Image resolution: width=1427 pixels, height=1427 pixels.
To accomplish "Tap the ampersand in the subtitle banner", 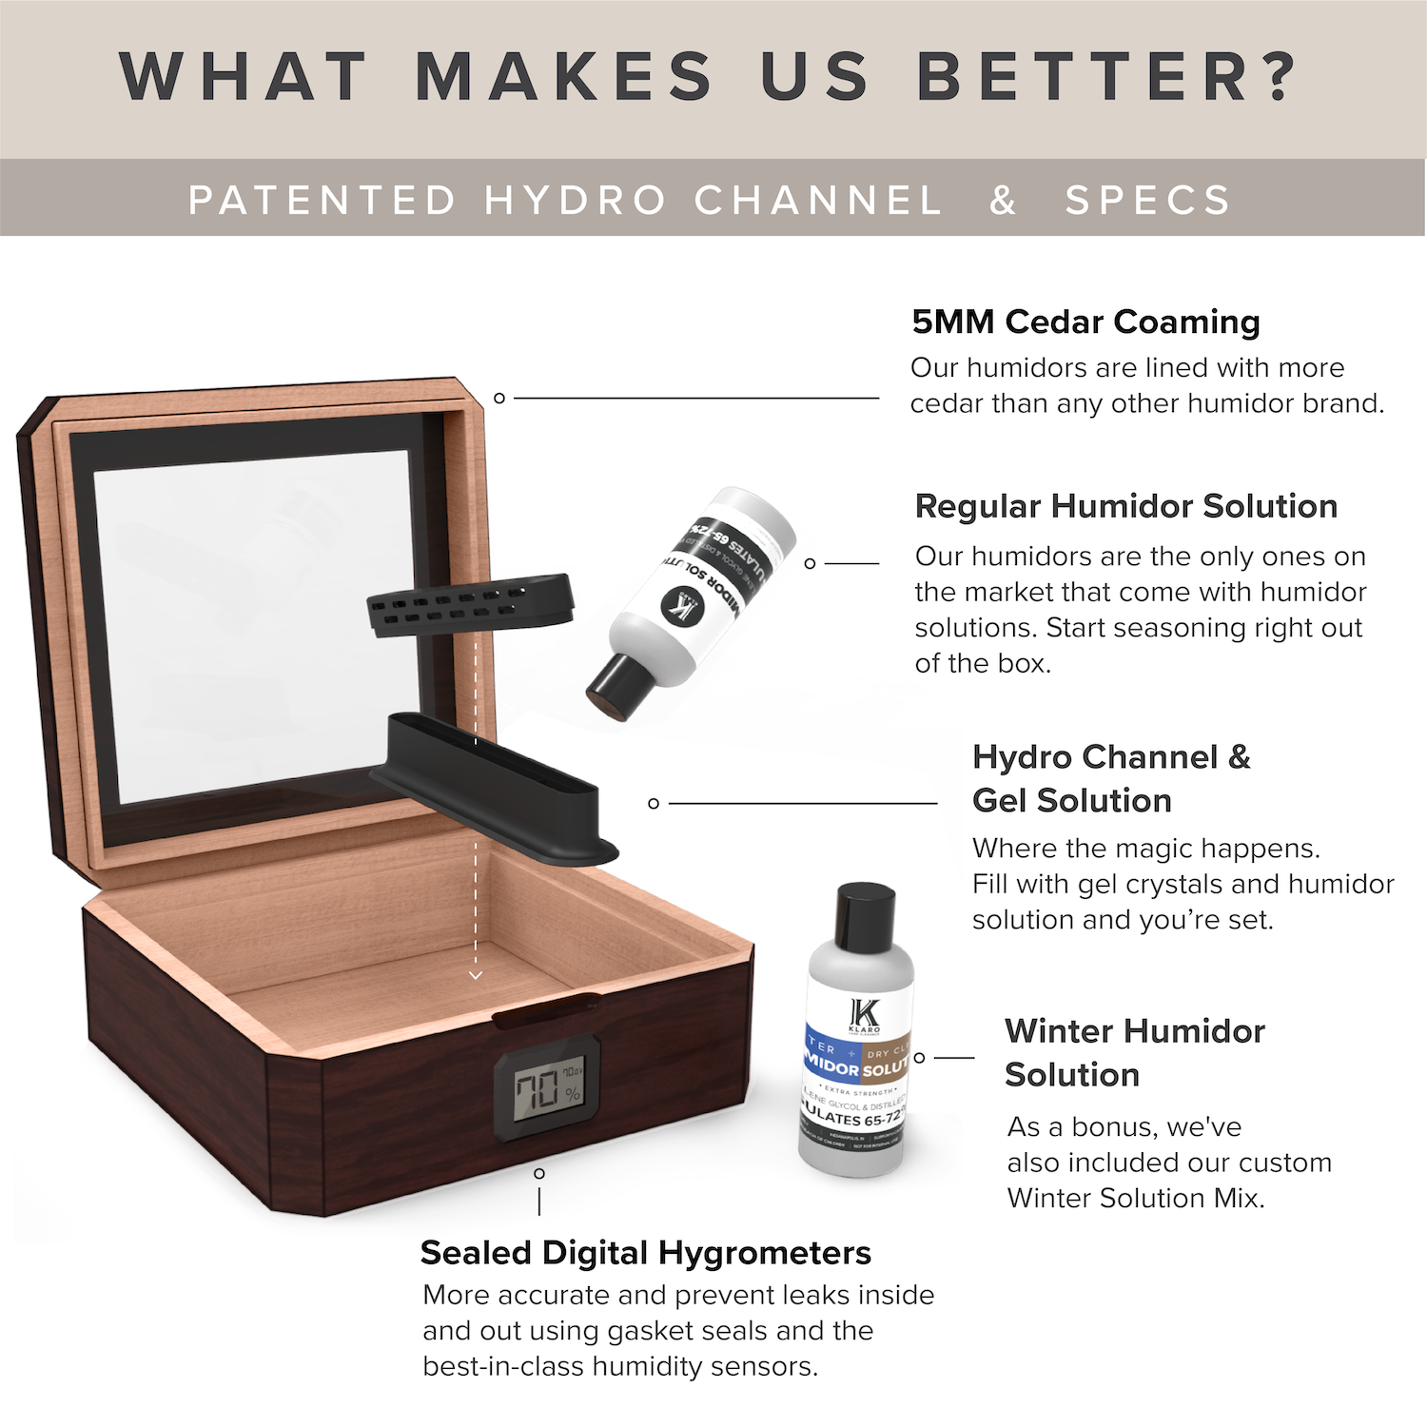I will [x=1003, y=201].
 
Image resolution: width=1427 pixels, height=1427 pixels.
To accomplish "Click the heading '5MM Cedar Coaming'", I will [x=1085, y=322].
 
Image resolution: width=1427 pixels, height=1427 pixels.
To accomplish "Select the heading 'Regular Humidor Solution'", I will [x=1125, y=506].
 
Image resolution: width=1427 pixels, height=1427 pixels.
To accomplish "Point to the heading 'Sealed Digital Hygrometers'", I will [x=645, y=1253].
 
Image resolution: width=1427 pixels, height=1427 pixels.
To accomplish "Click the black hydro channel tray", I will [x=495, y=790].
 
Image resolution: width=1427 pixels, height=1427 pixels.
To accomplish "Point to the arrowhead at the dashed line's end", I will [x=476, y=975].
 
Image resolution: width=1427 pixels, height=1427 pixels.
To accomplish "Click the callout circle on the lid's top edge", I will [x=498, y=398].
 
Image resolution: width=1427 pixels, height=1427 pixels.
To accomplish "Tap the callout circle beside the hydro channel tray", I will [x=654, y=804].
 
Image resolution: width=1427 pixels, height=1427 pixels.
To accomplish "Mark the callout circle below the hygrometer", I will [x=539, y=1173].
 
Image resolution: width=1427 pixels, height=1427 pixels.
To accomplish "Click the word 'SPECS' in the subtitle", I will [x=1147, y=201].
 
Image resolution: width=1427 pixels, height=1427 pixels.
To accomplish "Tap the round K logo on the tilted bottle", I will [x=684, y=606].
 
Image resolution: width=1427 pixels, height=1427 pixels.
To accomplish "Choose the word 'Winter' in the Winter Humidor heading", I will [x=1058, y=1031].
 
